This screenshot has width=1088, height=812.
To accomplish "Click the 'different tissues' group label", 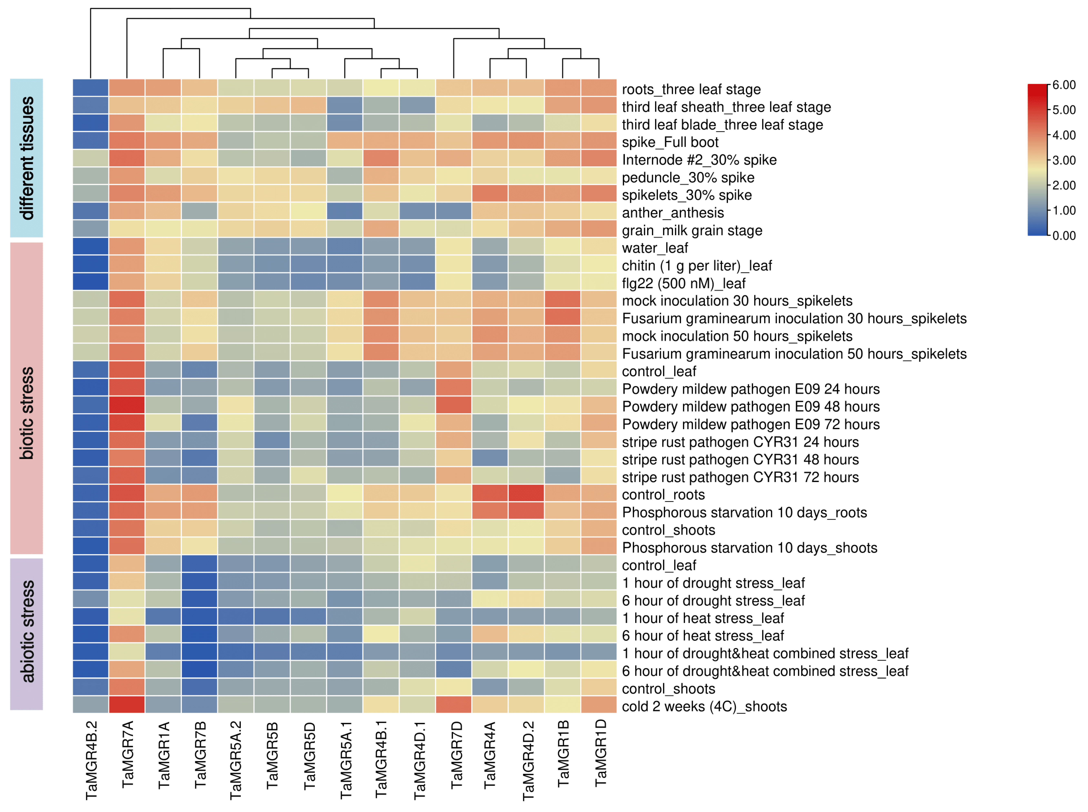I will (27, 158).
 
